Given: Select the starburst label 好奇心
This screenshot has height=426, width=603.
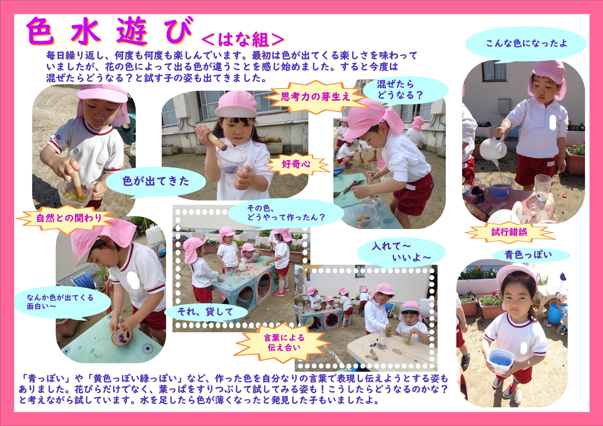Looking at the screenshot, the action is point(296,164).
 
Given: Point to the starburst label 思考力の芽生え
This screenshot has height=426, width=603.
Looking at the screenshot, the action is point(315,97).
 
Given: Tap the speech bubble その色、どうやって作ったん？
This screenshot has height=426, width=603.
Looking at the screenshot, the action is point(286,213).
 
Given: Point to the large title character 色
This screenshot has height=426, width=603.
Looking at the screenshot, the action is point(40,31).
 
